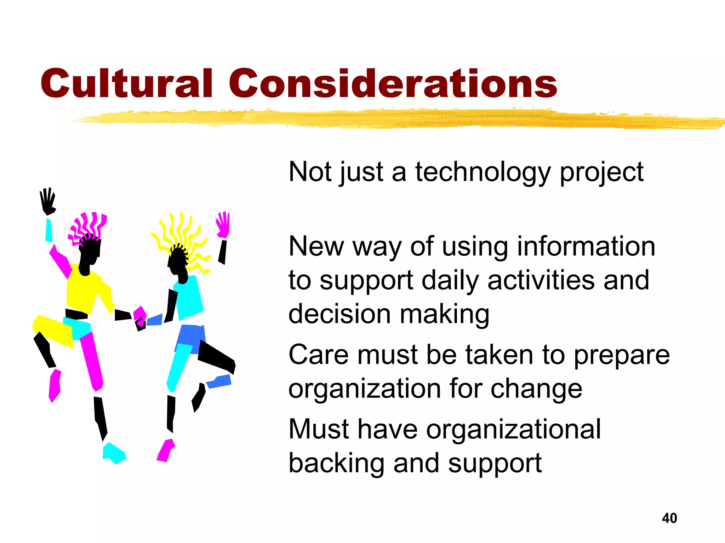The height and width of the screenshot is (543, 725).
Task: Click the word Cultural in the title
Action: pyautogui.click(x=126, y=83)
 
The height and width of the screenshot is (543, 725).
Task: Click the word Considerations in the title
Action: pyautogui.click(x=393, y=83)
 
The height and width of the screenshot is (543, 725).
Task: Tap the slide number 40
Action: pyautogui.click(x=669, y=518)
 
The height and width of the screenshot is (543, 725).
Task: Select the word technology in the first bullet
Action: pyautogui.click(x=483, y=172)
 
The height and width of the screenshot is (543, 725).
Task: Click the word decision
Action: pyautogui.click(x=339, y=314)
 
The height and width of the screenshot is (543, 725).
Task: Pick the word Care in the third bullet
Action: pyautogui.click(x=319, y=355)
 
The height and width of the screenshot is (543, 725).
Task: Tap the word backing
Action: pyautogui.click(x=336, y=463)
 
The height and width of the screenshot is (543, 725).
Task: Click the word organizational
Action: pyautogui.click(x=513, y=429)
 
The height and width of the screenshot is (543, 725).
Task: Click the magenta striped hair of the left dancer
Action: pyautogui.click(x=89, y=226)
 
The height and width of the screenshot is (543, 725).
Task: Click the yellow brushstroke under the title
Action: pyautogui.click(x=389, y=118)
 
